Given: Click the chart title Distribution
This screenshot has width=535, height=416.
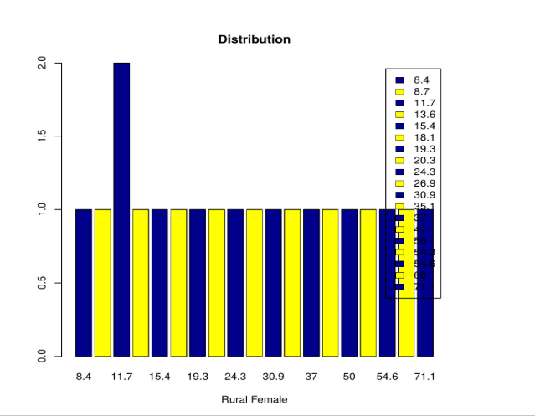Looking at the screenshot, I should click(254, 39).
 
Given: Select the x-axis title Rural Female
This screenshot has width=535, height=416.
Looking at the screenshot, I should click(254, 400).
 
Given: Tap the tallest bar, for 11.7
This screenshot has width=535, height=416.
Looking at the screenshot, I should click(121, 209).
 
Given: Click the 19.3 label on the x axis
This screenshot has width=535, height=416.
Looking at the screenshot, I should click(198, 377).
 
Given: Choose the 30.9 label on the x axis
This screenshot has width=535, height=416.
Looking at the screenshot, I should click(273, 377).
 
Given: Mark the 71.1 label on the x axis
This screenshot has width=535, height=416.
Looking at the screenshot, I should click(424, 377).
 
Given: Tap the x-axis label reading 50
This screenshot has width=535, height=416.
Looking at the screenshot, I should click(348, 377).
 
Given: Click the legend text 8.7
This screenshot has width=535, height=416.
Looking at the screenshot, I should click(422, 91).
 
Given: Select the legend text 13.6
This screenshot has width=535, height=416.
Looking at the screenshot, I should click(424, 114).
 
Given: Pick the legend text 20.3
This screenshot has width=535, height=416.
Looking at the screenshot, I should click(424, 160).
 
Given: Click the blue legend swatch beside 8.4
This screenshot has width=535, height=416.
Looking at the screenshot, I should click(400, 80).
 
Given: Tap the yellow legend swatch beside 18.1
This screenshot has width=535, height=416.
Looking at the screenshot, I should click(400, 137).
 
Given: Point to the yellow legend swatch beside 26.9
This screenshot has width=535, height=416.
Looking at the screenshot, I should click(400, 183).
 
